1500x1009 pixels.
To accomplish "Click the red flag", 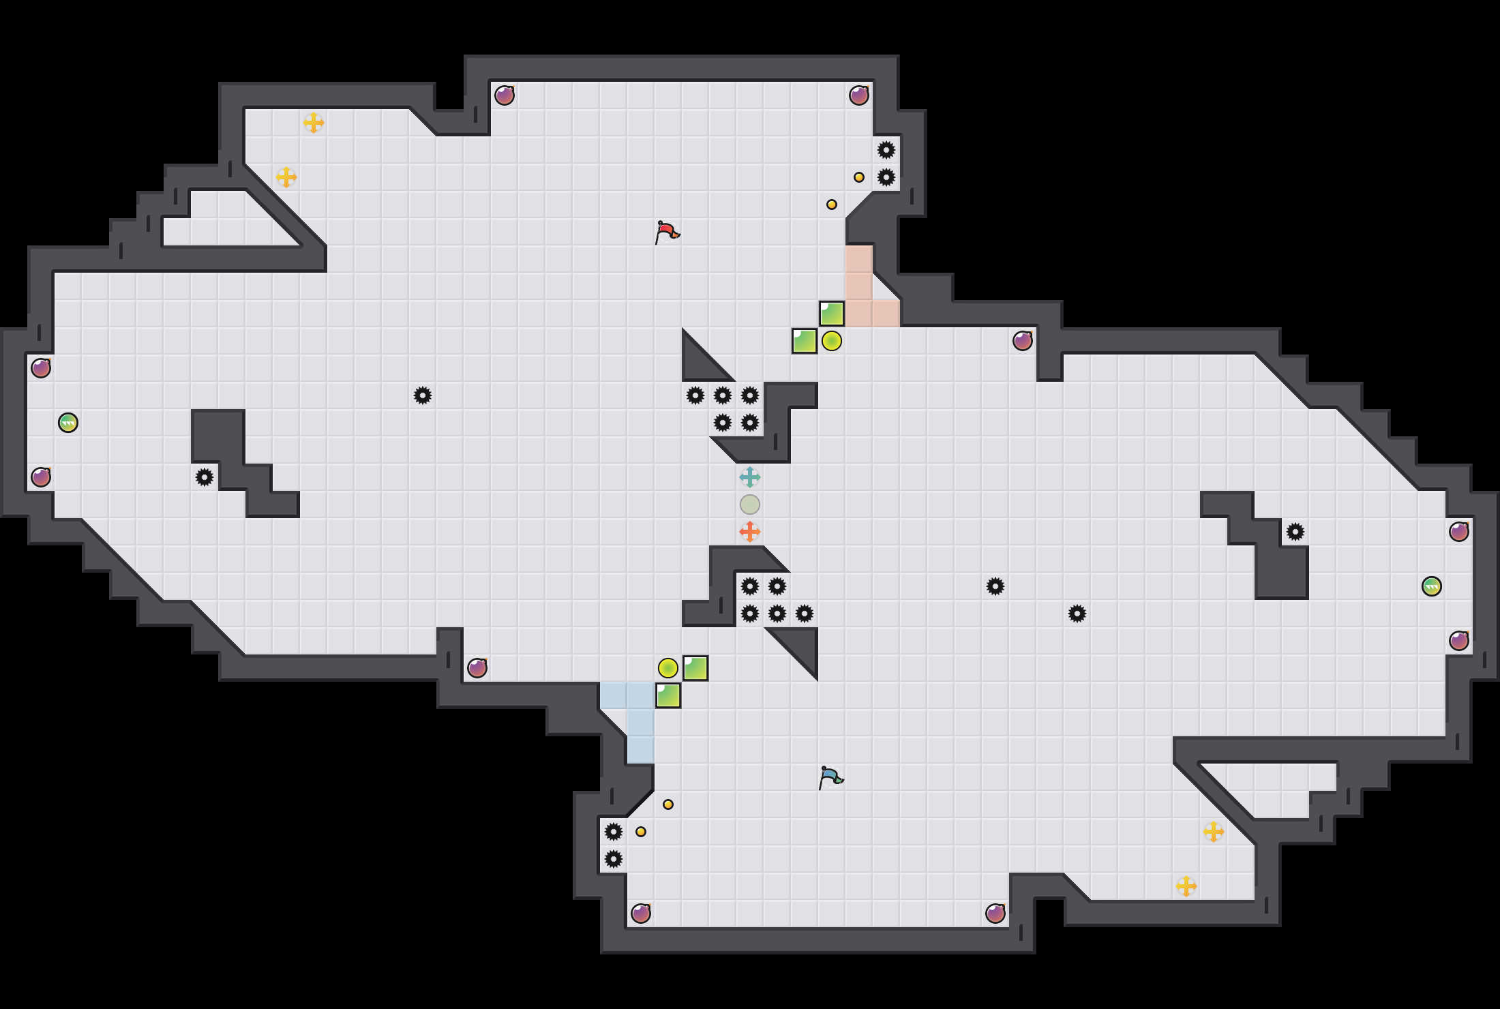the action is (x=667, y=232).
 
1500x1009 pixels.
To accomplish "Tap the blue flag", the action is (x=830, y=777).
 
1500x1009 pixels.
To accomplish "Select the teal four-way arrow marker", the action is (x=750, y=477).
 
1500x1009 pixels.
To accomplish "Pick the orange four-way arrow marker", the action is (x=750, y=532).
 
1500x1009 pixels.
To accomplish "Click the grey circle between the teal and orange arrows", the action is (x=750, y=504).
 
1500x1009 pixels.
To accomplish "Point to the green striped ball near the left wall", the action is (x=68, y=423).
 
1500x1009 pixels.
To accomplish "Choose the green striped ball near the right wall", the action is (x=1432, y=586).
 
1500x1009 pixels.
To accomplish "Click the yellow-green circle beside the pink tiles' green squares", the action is (x=832, y=341).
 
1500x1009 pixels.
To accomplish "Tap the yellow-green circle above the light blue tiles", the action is (x=668, y=668).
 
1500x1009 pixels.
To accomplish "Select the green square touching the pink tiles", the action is (x=832, y=314).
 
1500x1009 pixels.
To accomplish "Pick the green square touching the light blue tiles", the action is (x=668, y=695).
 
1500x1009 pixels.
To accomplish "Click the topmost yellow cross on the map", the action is (x=314, y=123).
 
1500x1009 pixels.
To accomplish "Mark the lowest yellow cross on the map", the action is (x=1186, y=886).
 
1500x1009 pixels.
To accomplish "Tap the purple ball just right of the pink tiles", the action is (x=1023, y=341).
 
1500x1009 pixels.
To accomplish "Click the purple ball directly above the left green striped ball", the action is (x=41, y=368).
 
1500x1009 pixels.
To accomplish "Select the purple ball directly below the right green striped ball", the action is (x=1459, y=641).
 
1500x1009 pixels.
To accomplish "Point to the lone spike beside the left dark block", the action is (x=205, y=477).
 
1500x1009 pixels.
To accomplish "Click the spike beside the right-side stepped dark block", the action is (x=1295, y=532).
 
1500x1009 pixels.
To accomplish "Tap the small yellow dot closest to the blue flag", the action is (x=668, y=804).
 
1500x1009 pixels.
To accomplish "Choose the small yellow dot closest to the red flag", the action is (x=832, y=205).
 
